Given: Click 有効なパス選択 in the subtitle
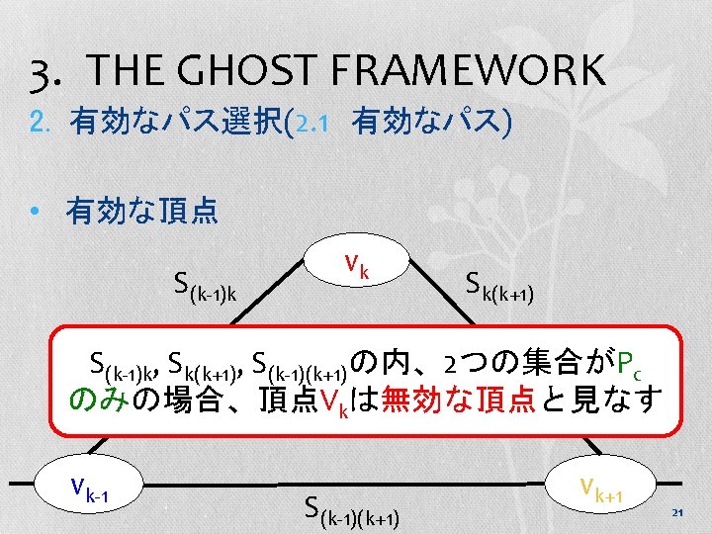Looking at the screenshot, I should click(x=175, y=125).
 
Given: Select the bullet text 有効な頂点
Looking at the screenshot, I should click(x=141, y=211).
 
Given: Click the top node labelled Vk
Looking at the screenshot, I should click(x=357, y=266).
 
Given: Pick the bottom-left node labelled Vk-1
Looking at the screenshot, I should click(x=90, y=487).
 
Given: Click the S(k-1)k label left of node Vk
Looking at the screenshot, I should click(x=213, y=288).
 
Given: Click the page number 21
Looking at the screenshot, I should click(x=677, y=511).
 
